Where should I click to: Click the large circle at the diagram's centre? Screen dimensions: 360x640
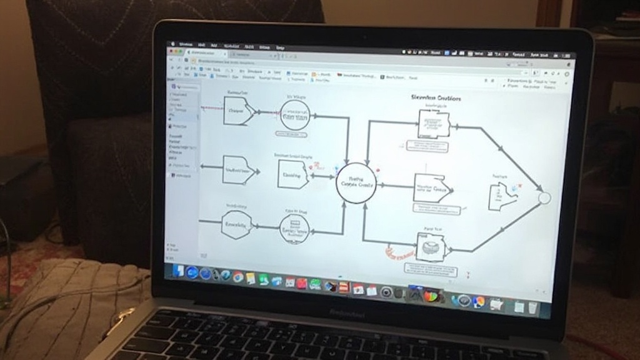356,182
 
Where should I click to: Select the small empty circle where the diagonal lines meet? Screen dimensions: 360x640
544,198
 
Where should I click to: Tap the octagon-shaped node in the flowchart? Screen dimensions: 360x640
236,224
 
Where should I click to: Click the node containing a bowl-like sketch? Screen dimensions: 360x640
430,247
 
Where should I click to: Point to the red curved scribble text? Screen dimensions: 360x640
399,254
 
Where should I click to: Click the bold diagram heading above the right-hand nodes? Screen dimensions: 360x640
436,98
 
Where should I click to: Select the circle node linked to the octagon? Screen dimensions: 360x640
294,229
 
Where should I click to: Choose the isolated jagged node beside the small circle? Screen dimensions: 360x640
502,197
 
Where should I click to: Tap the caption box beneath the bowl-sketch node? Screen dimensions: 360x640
430,270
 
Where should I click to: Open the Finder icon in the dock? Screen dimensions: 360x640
179,271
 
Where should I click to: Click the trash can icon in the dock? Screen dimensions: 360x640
532,307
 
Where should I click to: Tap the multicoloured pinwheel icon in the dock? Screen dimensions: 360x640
431,296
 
